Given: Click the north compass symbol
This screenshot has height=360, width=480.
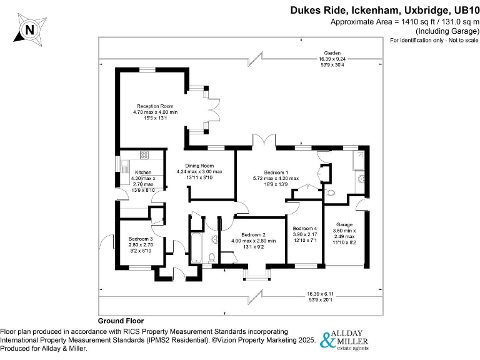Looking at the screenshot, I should pyautogui.click(x=29, y=29).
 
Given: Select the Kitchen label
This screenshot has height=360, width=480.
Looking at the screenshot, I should pyautogui.click(x=143, y=172).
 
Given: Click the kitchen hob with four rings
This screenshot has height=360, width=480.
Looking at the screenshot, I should pyautogui.click(x=144, y=156).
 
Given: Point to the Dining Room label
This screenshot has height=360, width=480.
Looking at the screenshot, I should pyautogui.click(x=199, y=166).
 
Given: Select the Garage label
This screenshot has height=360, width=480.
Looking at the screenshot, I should pyautogui.click(x=344, y=224).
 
